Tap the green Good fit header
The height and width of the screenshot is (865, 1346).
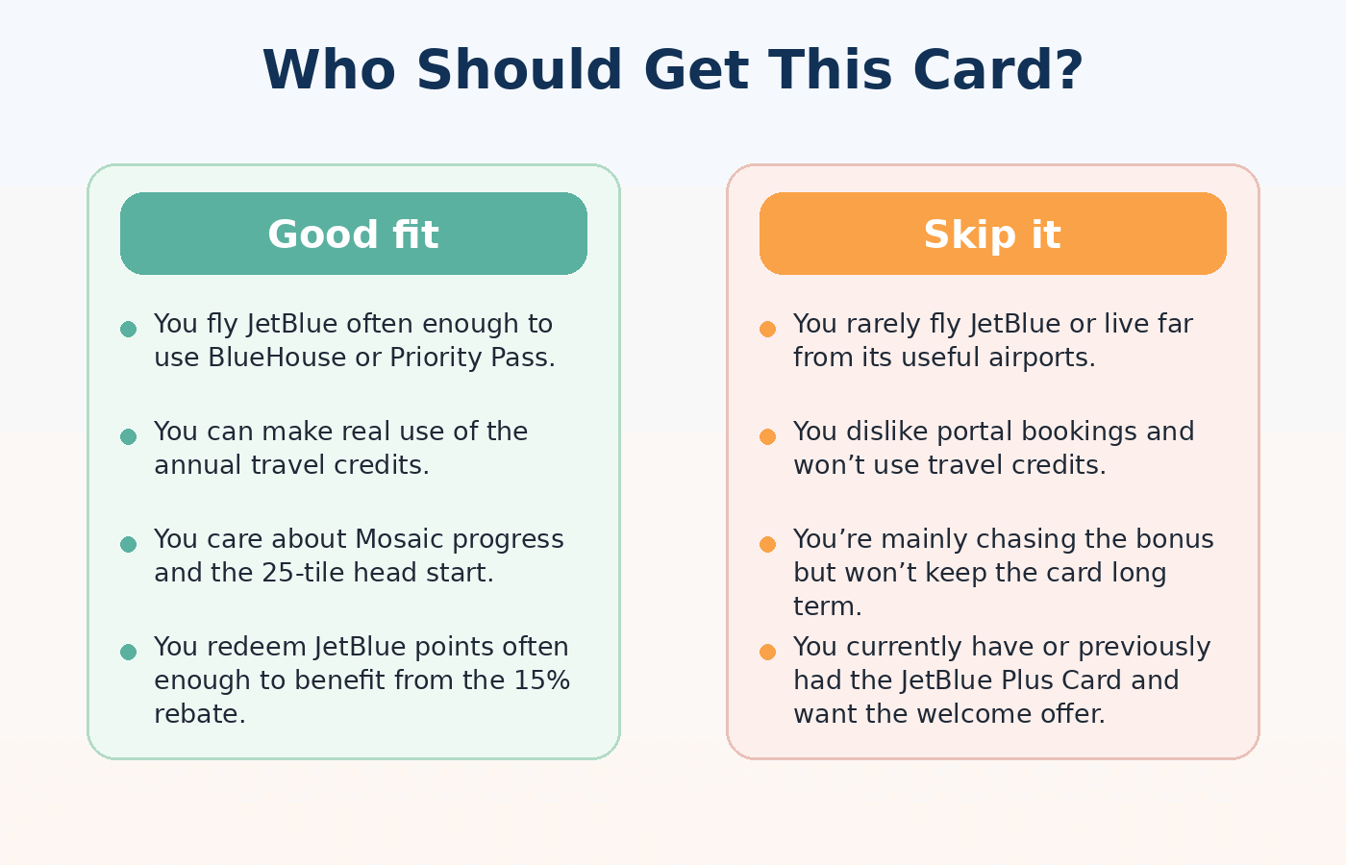point(353,235)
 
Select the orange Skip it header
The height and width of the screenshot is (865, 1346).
point(992,235)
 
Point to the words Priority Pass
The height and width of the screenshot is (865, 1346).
point(472,358)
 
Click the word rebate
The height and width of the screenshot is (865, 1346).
point(200,714)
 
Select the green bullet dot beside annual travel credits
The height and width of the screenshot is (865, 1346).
point(128,437)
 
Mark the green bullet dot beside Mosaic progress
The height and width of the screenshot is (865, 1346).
point(128,545)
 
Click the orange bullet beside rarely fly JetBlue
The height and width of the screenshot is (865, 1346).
point(767,330)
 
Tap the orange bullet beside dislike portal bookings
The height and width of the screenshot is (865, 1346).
point(767,437)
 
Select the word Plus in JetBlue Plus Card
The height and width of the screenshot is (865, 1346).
point(1030,680)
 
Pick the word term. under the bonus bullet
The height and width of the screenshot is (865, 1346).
point(827,606)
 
